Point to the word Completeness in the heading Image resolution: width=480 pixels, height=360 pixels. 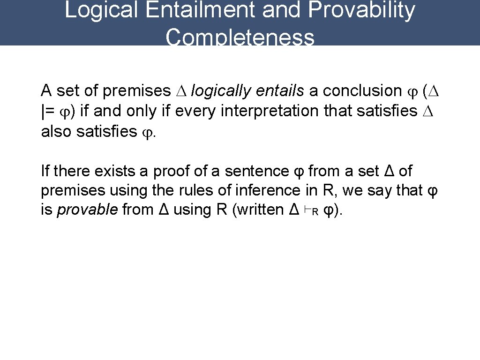pyautogui.click(x=240, y=37)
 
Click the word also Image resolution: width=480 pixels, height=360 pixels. pyautogui.click(x=57, y=132)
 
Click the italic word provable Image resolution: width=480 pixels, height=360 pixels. pyautogui.click(x=87, y=210)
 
